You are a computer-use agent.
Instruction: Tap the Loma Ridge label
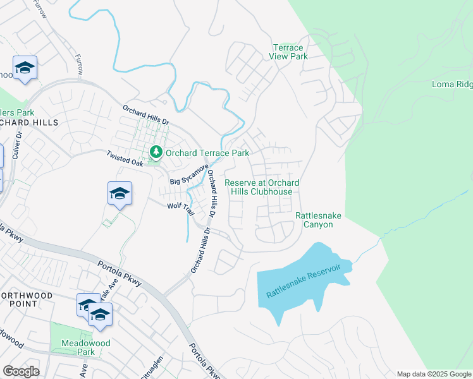click(451, 84)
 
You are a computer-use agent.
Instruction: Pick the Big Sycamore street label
click(189, 175)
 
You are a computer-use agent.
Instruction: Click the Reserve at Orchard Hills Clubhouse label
click(262, 187)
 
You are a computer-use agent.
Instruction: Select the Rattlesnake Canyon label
click(318, 220)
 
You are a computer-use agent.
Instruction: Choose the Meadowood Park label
click(78, 347)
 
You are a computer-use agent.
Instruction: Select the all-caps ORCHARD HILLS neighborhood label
click(29, 122)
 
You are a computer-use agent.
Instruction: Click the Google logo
click(21, 371)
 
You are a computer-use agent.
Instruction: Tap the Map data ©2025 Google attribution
click(433, 374)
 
